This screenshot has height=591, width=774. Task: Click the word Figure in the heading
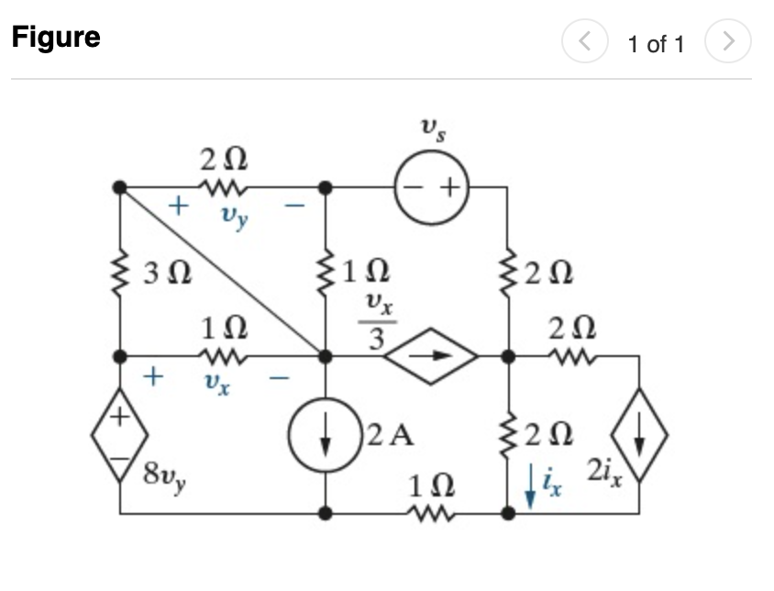click(56, 38)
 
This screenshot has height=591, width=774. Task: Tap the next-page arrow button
click(728, 42)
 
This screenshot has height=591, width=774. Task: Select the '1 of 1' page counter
click(656, 44)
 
